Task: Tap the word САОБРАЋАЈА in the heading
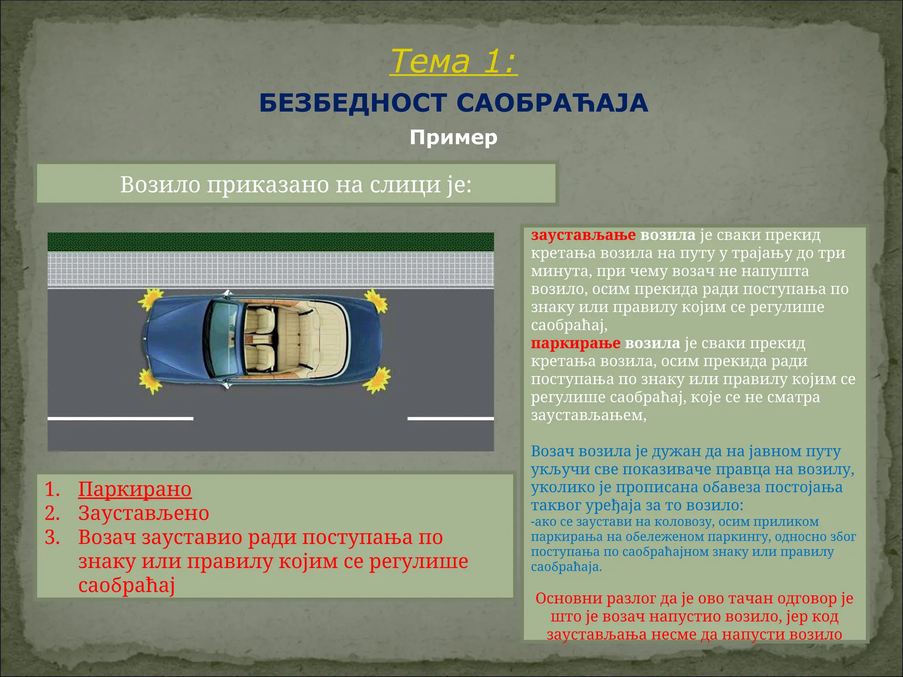[552, 103]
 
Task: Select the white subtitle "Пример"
[453, 138]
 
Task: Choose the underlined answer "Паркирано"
[135, 489]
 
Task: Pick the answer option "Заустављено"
[144, 513]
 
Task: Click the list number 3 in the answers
[52, 537]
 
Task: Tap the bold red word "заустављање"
[583, 235]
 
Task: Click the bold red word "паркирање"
[575, 343]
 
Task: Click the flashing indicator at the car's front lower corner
[150, 380]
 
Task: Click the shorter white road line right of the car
[451, 418]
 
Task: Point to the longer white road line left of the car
[120, 418]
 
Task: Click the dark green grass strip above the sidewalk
[271, 242]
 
